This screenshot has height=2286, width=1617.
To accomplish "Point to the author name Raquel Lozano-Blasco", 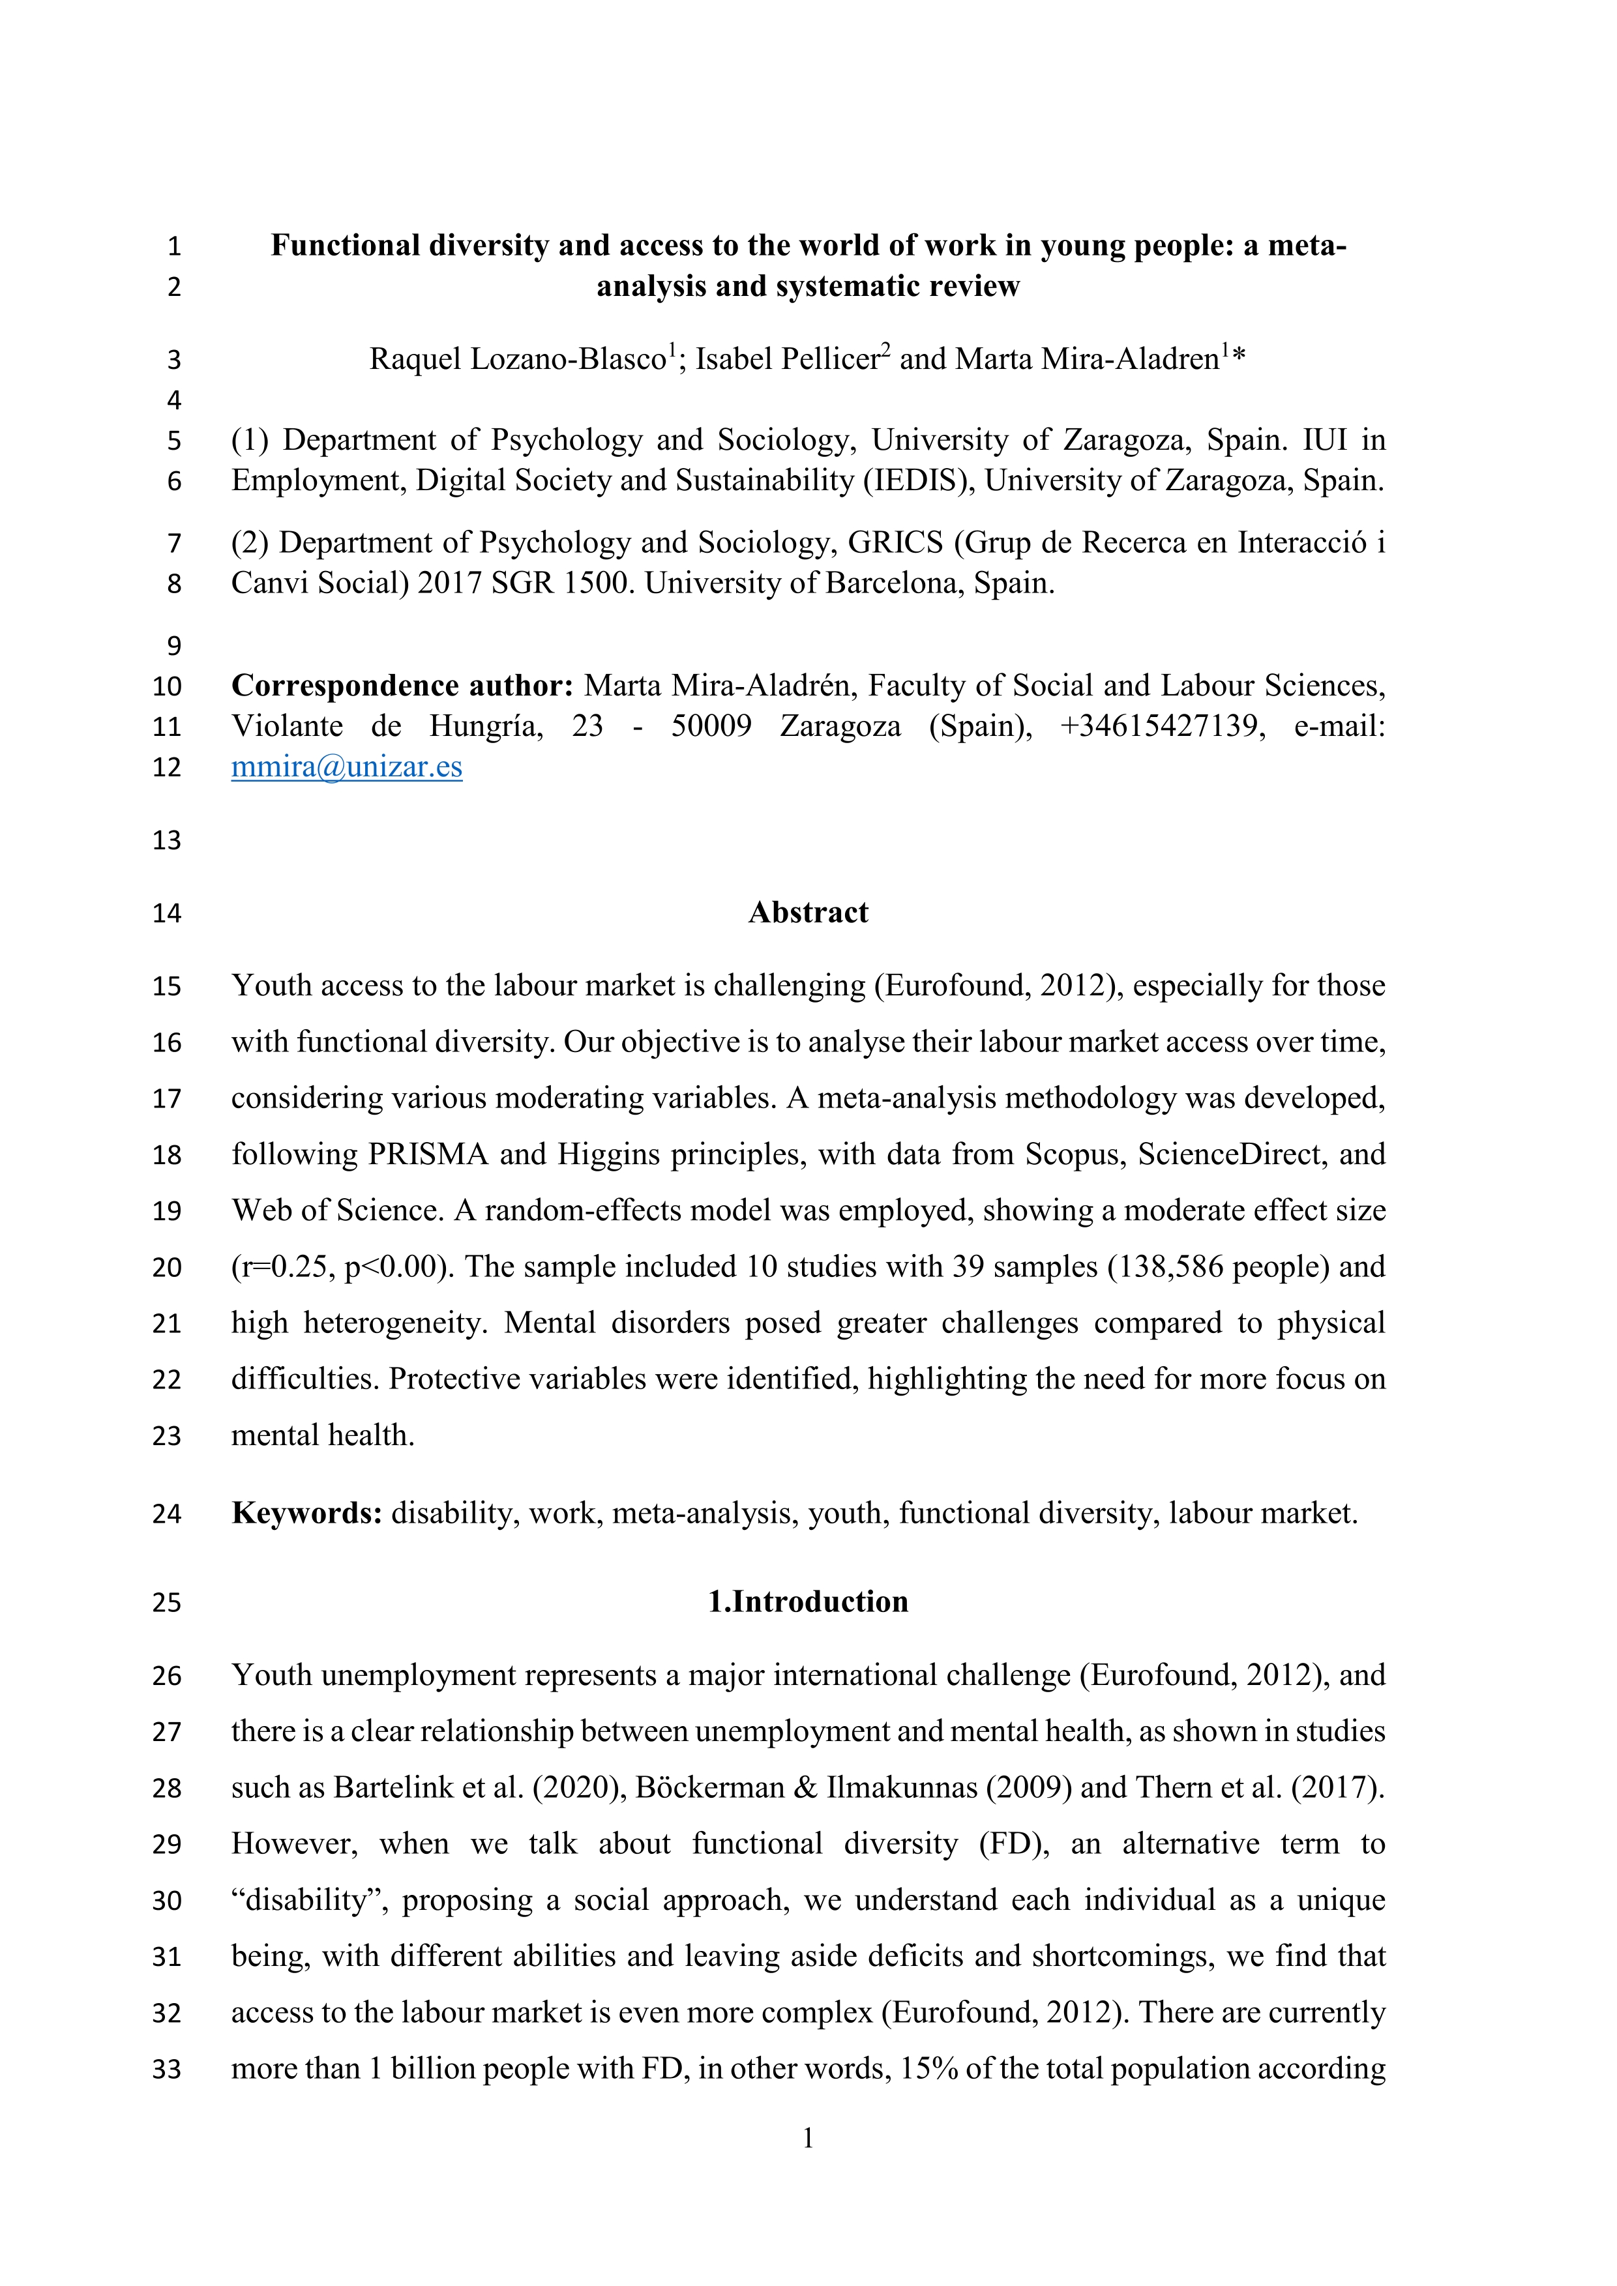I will pyautogui.click(x=518, y=359).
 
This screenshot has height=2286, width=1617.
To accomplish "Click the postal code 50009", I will pyautogui.click(x=711, y=726).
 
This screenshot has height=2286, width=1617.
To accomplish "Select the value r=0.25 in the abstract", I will pyautogui.click(x=284, y=1267).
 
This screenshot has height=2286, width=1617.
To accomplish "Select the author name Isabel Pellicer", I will pyautogui.click(x=786, y=359).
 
